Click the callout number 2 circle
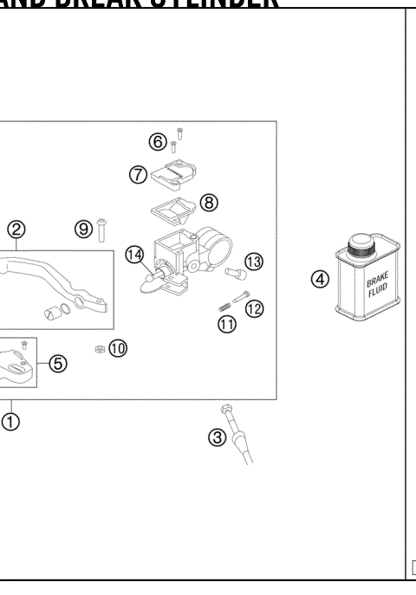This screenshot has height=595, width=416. click(16, 230)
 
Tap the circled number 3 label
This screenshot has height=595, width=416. click(218, 437)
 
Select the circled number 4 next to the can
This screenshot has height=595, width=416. click(321, 280)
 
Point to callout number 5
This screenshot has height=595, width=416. click(57, 363)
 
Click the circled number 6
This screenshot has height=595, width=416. click(157, 141)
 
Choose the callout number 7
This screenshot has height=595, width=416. click(138, 174)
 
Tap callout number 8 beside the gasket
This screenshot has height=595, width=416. click(209, 202)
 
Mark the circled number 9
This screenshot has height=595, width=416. click(83, 229)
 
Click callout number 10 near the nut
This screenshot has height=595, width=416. click(117, 347)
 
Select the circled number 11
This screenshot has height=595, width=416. click(227, 325)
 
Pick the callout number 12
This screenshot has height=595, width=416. click(254, 307)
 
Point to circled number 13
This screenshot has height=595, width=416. click(253, 262)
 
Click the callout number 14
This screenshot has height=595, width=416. click(133, 254)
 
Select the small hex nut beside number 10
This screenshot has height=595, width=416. click(100, 349)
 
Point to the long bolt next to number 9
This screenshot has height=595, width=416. click(101, 229)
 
